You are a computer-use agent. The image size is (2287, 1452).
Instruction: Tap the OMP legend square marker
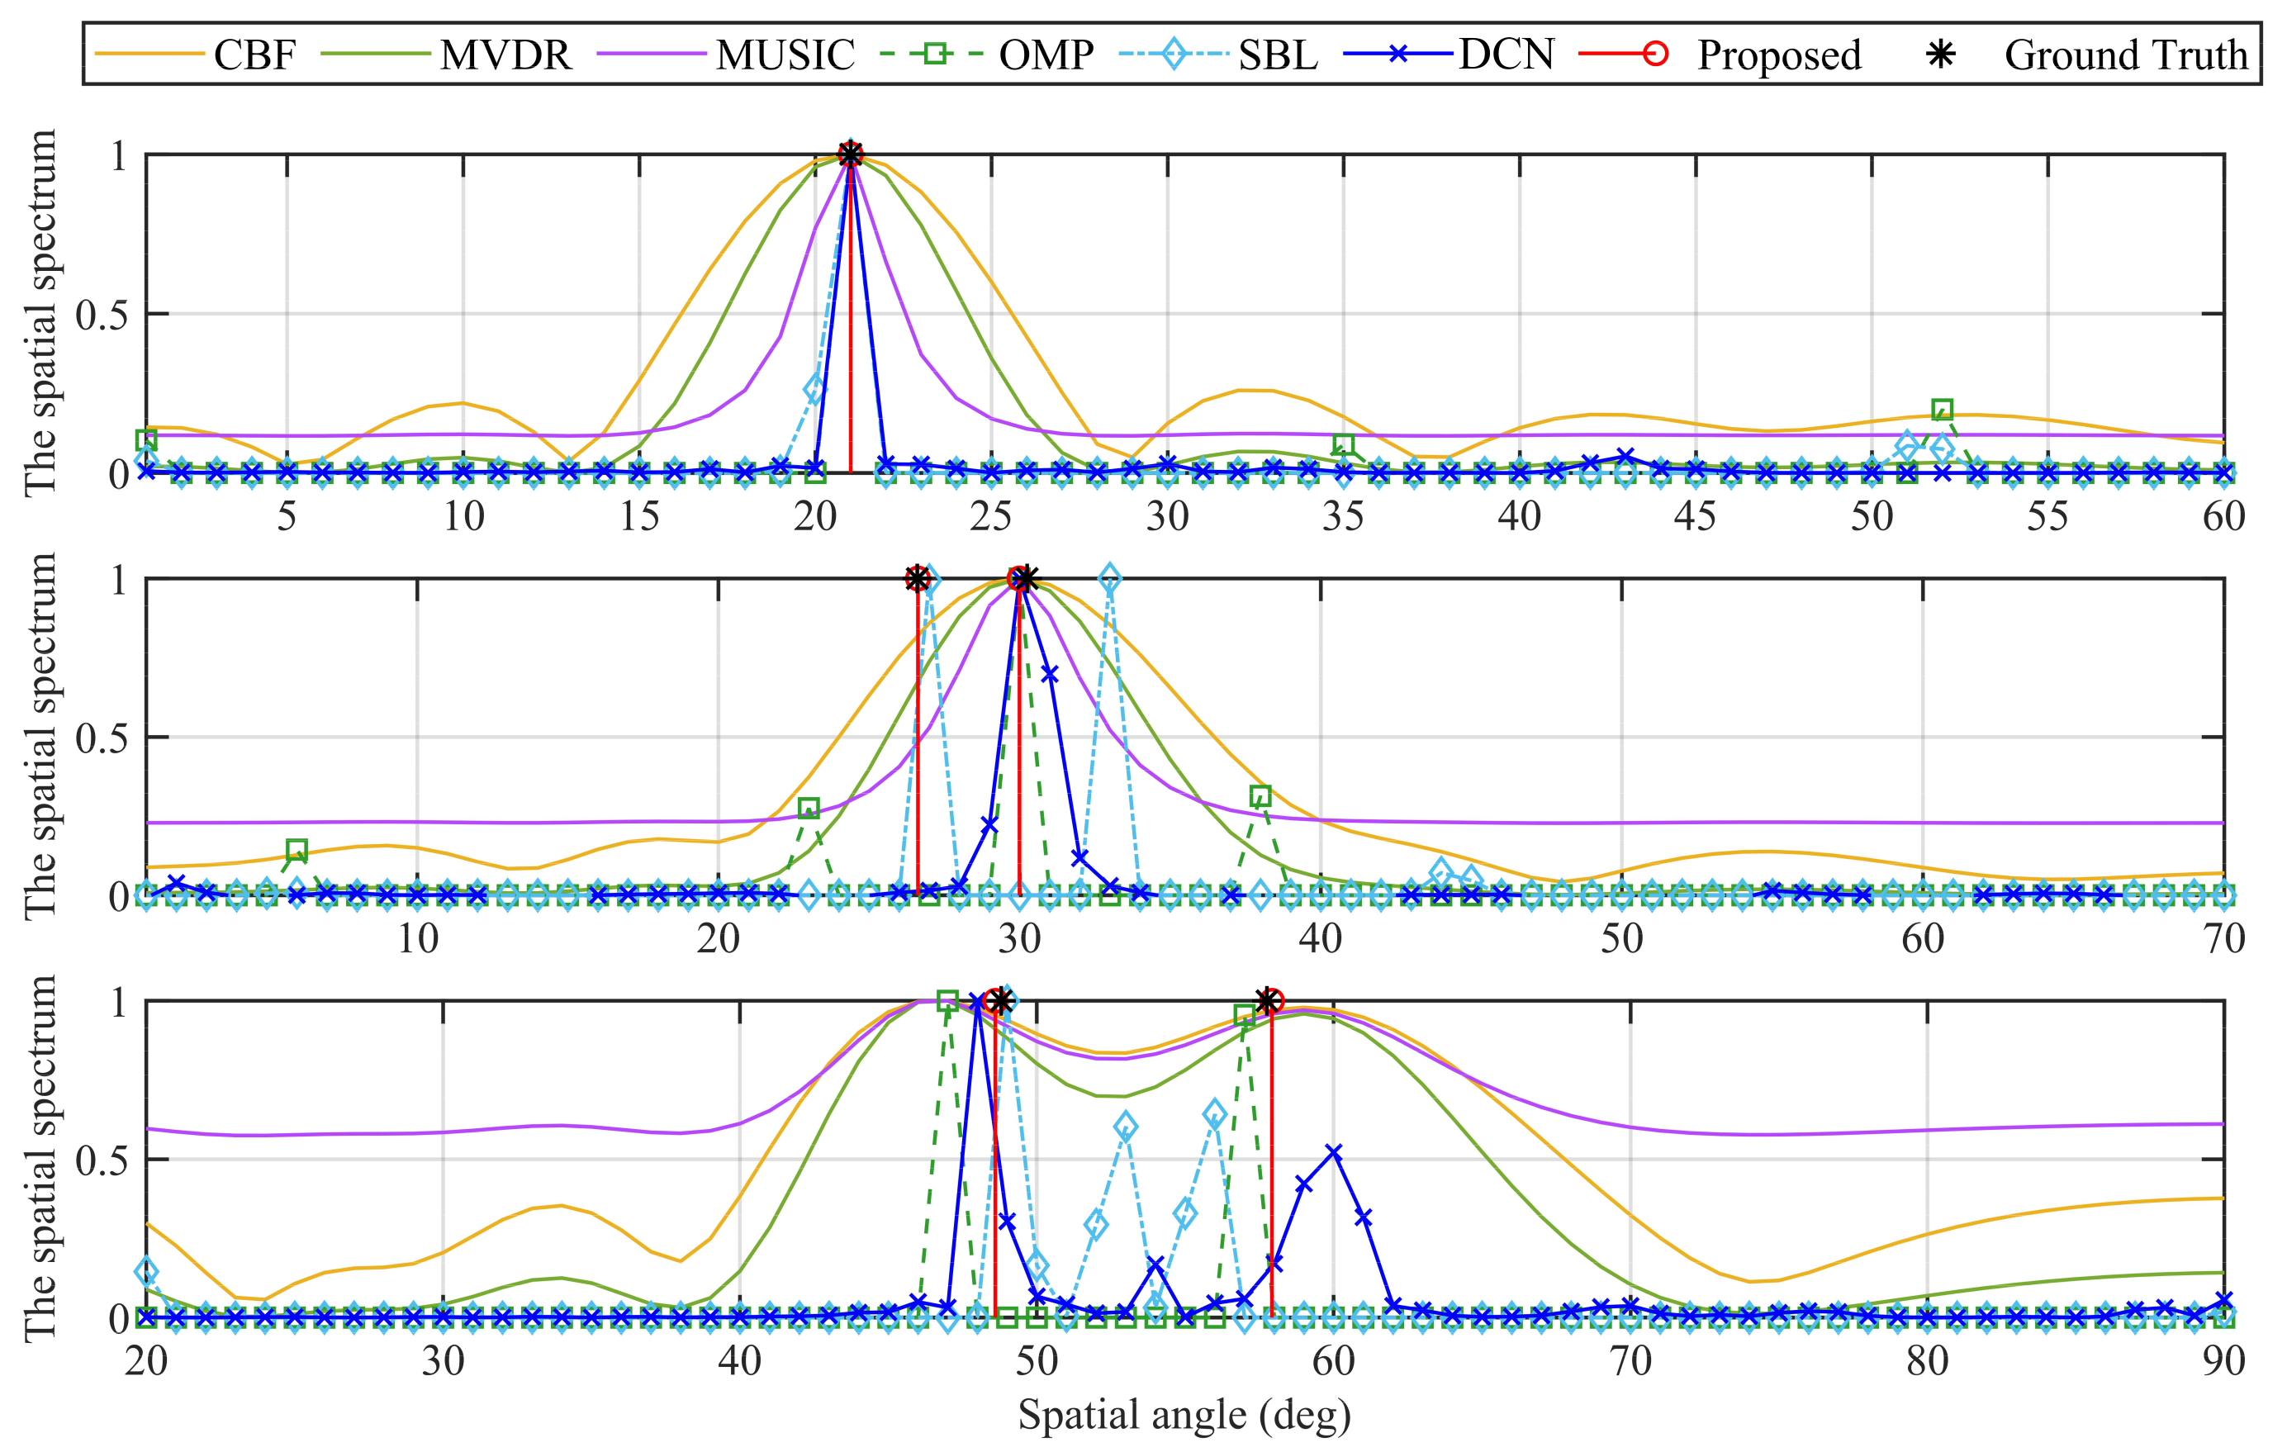935,55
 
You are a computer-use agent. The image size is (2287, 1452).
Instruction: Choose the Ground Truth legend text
2126,55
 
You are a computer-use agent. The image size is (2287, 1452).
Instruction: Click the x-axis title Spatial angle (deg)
1184,1415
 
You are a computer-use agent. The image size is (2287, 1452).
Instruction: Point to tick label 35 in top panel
1343,516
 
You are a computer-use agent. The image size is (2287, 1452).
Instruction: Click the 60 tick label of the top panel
2223,516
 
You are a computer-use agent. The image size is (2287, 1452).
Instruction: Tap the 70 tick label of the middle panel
2223,938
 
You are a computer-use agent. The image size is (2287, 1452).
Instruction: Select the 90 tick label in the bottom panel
2223,1361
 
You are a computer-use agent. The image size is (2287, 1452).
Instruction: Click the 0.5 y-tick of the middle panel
102,738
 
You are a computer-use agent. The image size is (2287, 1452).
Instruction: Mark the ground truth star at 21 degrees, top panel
850,154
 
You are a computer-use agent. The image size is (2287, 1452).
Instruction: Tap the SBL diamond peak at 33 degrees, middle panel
1109,578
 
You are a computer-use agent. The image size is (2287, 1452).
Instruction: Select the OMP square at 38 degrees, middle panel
1260,796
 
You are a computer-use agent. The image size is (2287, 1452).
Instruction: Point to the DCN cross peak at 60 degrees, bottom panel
1333,1153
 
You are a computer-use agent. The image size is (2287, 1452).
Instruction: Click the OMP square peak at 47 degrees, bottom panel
947,1001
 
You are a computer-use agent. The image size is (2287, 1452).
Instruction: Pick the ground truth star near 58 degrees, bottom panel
1265,1001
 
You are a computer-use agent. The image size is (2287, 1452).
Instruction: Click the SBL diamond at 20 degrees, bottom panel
146,1272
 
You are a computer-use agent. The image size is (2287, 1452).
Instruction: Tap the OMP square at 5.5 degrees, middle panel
297,849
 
